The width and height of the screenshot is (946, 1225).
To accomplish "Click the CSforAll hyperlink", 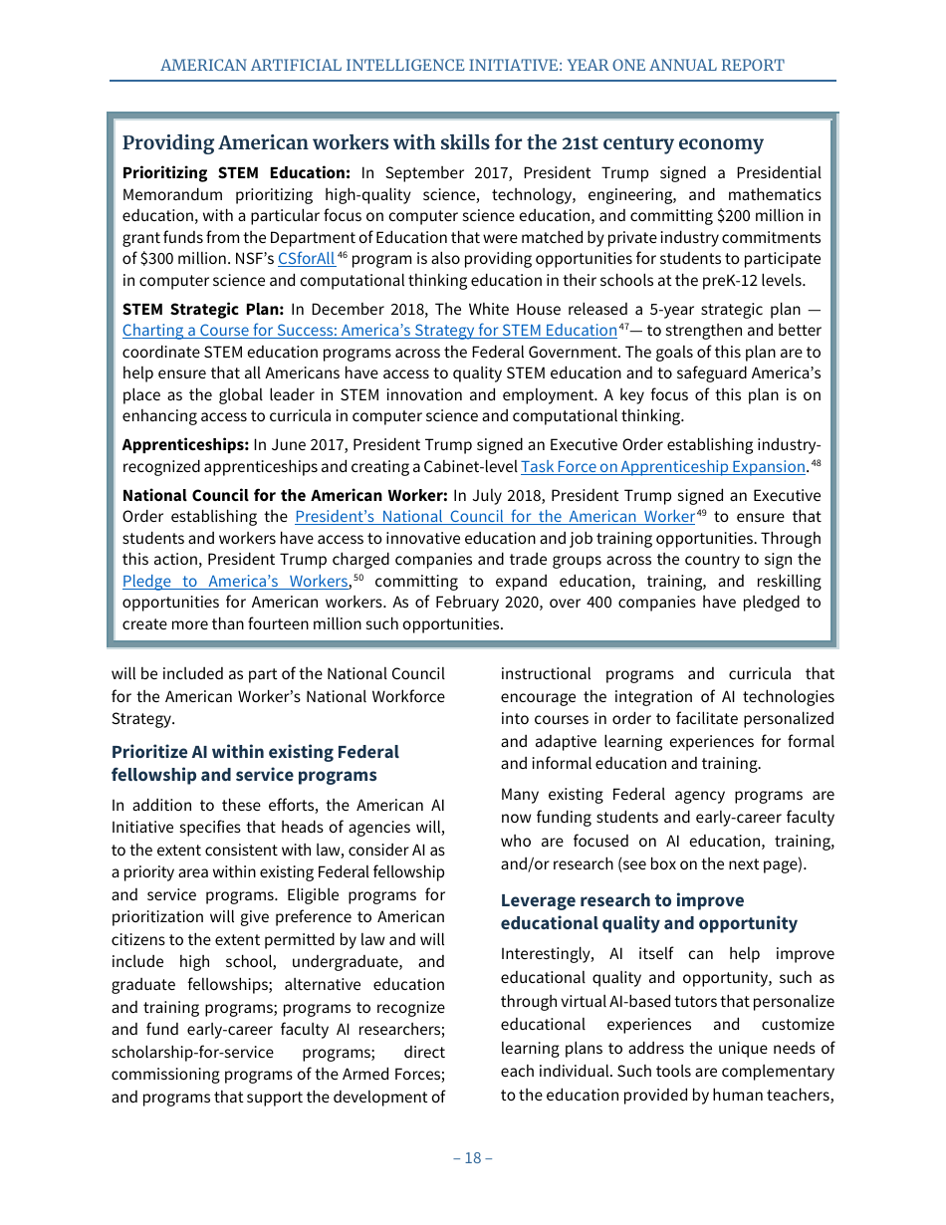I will (306, 259).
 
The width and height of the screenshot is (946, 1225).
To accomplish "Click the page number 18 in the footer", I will (473, 1157).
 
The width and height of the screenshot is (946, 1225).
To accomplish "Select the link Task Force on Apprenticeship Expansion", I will (662, 466).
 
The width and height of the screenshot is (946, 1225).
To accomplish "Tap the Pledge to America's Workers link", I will (235, 581).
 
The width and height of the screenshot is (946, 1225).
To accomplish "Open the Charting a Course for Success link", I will (369, 331).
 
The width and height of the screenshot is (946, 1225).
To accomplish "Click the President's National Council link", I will (494, 517).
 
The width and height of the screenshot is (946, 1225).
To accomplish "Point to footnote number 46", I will (342, 256).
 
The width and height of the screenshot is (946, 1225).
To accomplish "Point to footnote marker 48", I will (816, 463).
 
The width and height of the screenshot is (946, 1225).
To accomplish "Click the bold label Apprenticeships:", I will (185, 444).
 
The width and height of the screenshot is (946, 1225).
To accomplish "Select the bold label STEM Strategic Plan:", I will (203, 309).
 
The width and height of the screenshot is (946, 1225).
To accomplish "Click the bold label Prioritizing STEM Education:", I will (236, 173).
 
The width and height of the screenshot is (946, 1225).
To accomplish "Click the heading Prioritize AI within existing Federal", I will (255, 752).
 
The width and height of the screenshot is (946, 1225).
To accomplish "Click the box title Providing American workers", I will (442, 142).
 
